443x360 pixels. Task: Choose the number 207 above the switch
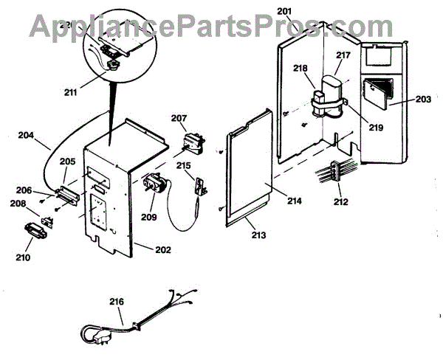179,118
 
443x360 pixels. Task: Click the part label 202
162,249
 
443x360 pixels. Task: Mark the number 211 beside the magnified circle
72,92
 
